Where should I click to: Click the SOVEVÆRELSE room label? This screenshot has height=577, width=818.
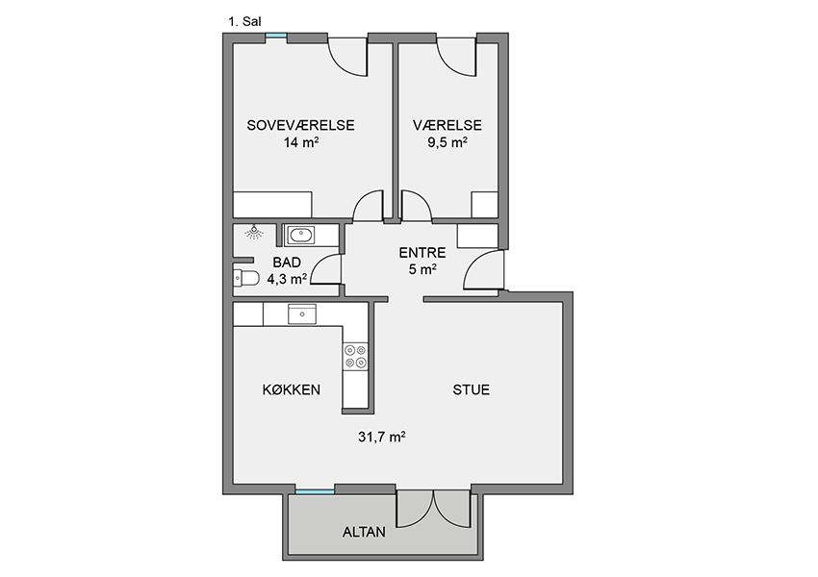point(300,125)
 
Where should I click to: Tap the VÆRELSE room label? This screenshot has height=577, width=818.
point(447,125)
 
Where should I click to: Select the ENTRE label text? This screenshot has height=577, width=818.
point(422,253)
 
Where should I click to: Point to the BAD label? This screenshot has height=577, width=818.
point(287,263)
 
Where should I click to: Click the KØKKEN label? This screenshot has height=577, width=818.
point(291,389)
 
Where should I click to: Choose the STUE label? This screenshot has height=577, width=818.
point(472,389)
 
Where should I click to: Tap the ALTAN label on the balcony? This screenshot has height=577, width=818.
point(364,532)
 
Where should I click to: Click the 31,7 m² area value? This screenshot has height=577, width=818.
point(382,437)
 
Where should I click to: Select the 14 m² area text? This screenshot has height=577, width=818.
point(301,142)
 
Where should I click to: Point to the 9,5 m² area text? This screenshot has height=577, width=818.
point(447,142)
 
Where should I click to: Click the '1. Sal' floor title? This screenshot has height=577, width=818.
point(244,22)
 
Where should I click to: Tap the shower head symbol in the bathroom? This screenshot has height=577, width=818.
point(254,232)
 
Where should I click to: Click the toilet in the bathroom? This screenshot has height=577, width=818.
point(246,279)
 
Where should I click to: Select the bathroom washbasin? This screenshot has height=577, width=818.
point(301,235)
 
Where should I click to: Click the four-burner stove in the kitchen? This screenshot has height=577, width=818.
point(355,357)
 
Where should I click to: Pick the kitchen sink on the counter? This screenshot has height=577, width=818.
point(302,314)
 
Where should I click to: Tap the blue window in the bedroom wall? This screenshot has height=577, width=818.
point(276,36)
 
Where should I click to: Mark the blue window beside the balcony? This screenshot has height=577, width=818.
point(315,491)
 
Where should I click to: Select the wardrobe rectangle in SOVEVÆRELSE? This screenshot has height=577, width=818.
point(272,205)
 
